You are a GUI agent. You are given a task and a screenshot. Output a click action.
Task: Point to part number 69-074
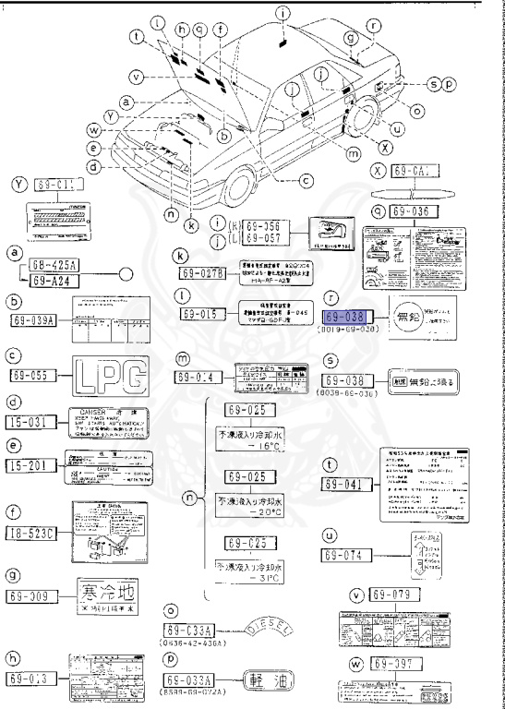[x=344, y=555]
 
